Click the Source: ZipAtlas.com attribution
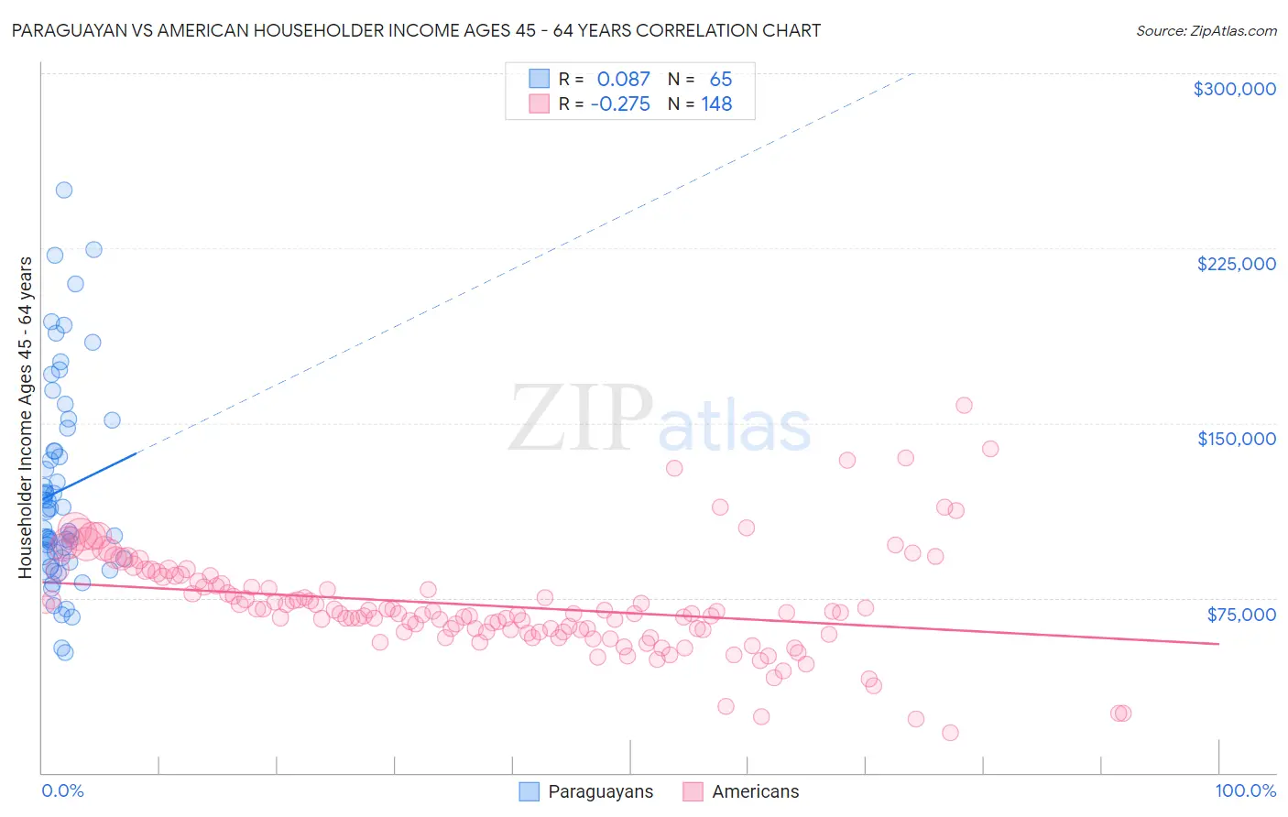pyautogui.click(x=1206, y=30)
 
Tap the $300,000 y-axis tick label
pyautogui.click(x=1234, y=89)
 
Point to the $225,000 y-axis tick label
pyautogui.click(x=1236, y=264)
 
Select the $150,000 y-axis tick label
pyautogui.click(x=1236, y=439)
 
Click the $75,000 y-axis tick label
pyautogui.click(x=1240, y=615)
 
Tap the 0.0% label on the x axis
pyautogui.click(x=62, y=790)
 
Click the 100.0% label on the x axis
pyautogui.click(x=1245, y=790)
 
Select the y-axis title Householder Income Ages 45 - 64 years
pyautogui.click(x=26, y=417)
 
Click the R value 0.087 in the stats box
pyautogui.click(x=623, y=80)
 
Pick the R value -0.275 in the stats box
pyautogui.click(x=620, y=104)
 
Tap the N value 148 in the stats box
pyautogui.click(x=716, y=104)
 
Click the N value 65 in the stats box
pyautogui.click(x=720, y=80)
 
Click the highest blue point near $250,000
pyautogui.click(x=64, y=191)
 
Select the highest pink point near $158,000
pyautogui.click(x=964, y=405)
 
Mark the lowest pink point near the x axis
pyautogui.click(x=950, y=733)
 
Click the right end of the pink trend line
pyautogui.click(x=1218, y=644)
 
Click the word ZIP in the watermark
pyautogui.click(x=581, y=419)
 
